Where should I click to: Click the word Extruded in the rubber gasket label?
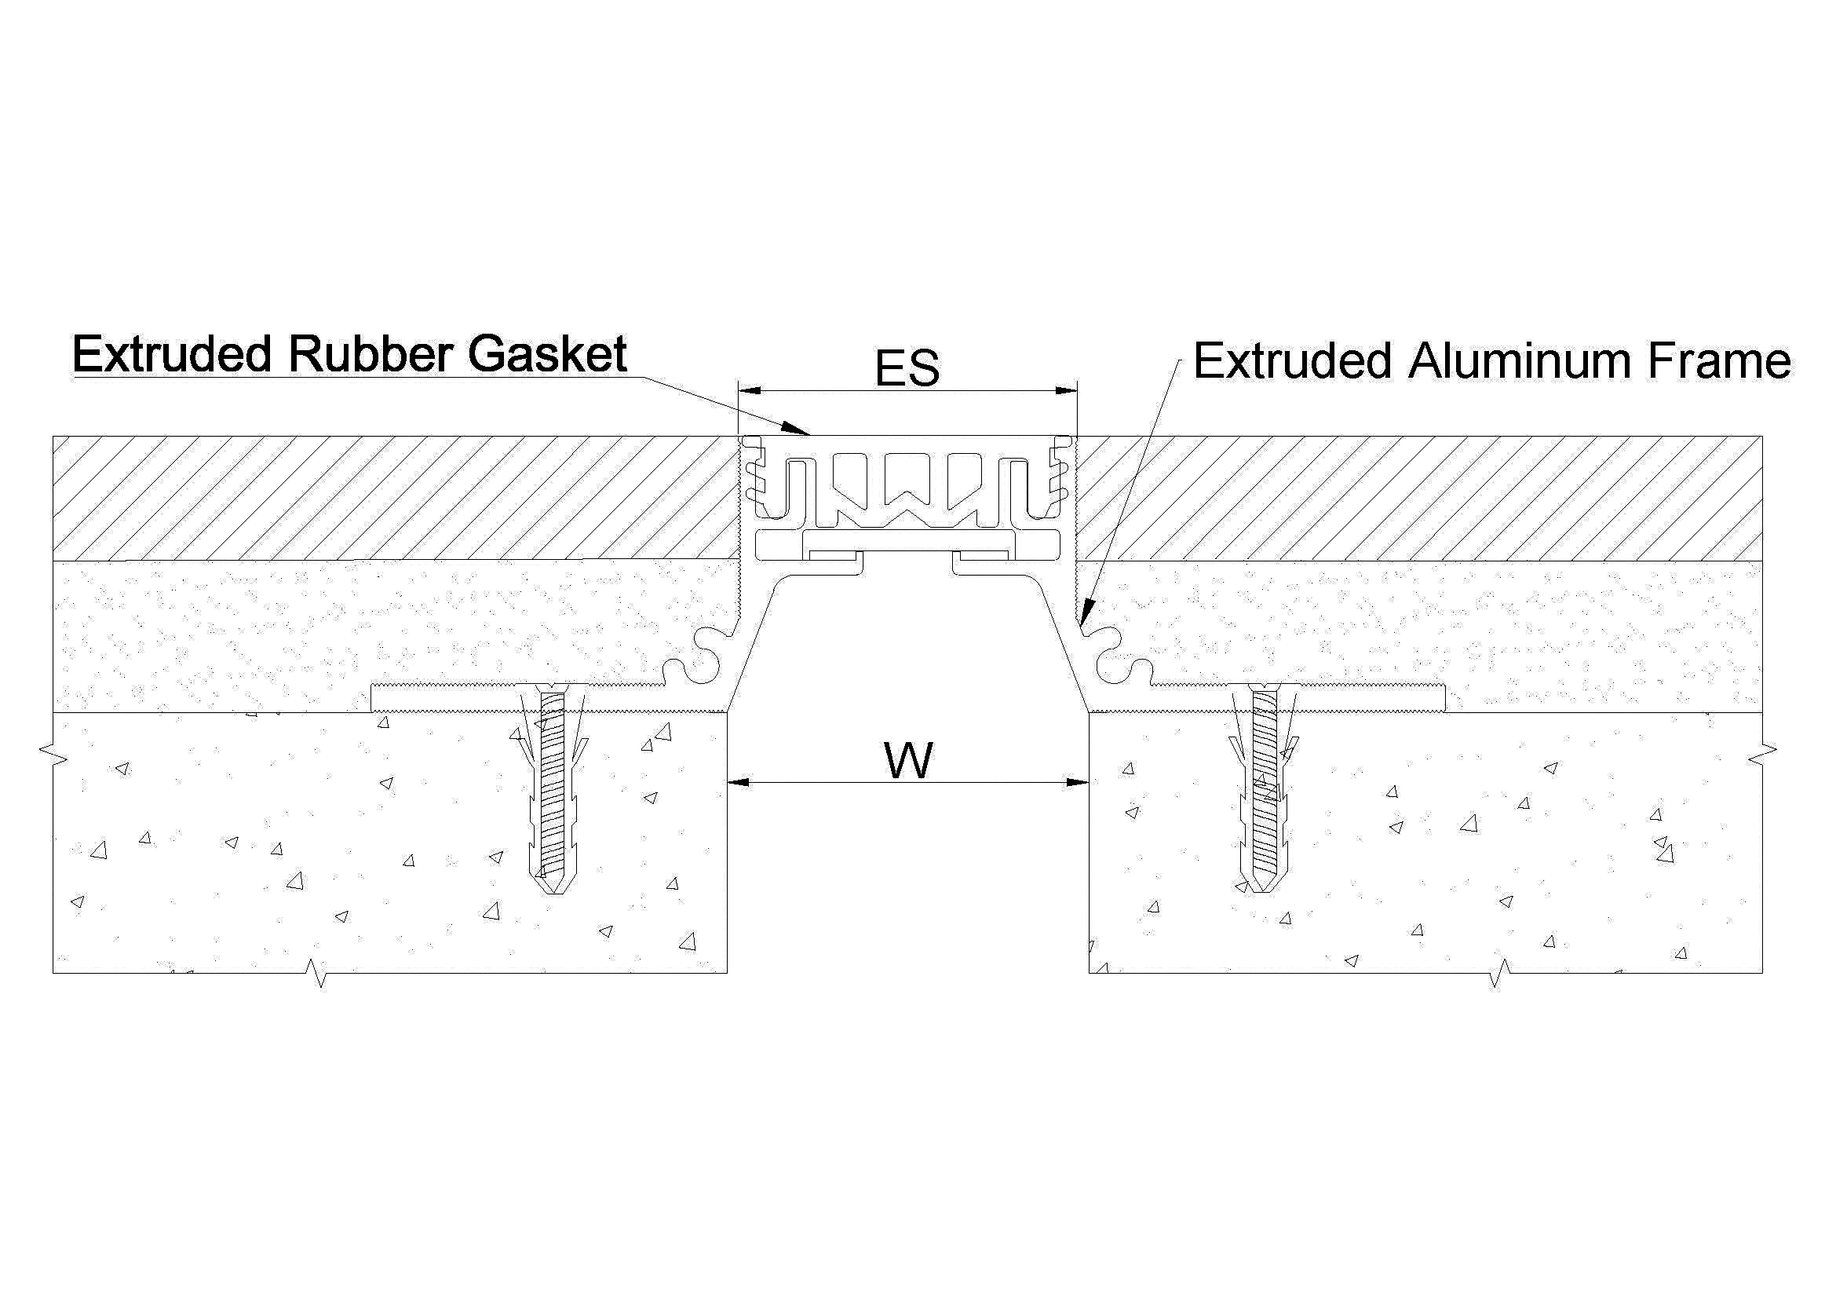click(x=172, y=354)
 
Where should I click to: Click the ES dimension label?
click(x=907, y=369)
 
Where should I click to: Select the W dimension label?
click(x=908, y=761)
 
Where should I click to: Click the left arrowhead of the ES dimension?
click(x=749, y=391)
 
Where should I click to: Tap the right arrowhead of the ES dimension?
click(x=1067, y=391)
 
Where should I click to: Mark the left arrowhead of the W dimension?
click(x=737, y=783)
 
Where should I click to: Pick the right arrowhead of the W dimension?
click(x=1078, y=783)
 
